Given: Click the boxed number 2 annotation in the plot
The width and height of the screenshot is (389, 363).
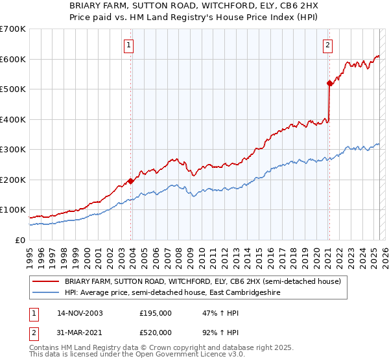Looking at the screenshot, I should (x=328, y=45).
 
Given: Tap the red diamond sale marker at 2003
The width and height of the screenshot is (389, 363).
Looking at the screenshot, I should (x=131, y=181).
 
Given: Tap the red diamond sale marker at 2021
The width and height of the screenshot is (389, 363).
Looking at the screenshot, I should (x=329, y=83).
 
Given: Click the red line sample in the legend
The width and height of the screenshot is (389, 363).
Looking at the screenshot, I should (x=46, y=281).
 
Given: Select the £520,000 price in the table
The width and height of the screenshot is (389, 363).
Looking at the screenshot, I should (x=156, y=332).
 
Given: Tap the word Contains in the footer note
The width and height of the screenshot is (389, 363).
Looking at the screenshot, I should (x=45, y=347).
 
